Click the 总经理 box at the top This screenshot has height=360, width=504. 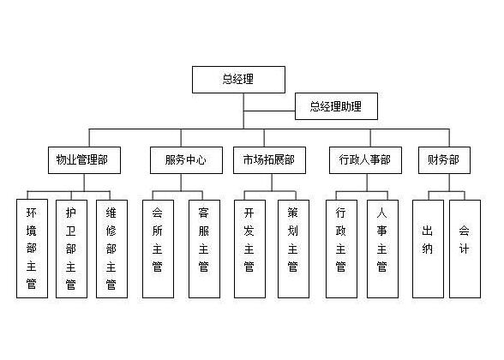(238, 80)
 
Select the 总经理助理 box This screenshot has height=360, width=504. (336, 106)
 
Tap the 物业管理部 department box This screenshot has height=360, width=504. (84, 160)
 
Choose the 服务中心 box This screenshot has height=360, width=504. (186, 160)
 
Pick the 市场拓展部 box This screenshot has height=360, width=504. (269, 160)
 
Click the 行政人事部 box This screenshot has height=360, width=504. (365, 160)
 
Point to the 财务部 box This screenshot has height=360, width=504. (444, 160)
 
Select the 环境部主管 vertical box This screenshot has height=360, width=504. (33, 249)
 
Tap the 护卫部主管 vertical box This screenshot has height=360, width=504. (71, 249)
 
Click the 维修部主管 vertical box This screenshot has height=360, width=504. (111, 249)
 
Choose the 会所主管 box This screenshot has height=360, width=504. (158, 249)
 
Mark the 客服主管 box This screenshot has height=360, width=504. (204, 249)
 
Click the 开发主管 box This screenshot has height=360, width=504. (249, 249)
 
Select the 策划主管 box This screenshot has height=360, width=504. (293, 249)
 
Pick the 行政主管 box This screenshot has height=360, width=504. (341, 249)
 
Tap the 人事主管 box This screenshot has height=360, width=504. (382, 249)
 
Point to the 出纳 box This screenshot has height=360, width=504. (428, 249)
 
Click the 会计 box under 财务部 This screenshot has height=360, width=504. (465, 249)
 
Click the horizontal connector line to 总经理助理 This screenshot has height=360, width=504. (269, 111)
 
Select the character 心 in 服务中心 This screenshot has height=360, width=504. (201, 159)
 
